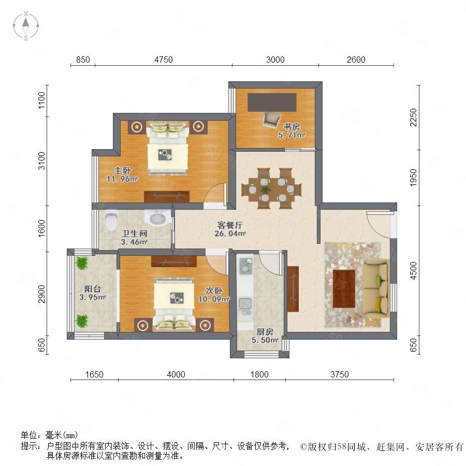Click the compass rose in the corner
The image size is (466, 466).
26,26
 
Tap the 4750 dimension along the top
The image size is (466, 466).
164,60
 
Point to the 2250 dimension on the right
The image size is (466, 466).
413,117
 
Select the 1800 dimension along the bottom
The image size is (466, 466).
259,374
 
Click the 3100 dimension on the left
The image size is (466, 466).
42,161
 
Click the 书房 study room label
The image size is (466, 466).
291,127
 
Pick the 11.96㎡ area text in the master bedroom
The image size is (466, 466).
122,179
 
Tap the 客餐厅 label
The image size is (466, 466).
230,225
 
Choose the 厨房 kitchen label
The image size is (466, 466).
265,332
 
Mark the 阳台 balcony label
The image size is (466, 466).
93,288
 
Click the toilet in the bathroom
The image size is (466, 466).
111,220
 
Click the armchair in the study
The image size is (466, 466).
272,120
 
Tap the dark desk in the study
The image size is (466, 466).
272,102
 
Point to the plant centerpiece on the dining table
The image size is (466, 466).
266,190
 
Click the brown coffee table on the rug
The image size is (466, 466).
344,288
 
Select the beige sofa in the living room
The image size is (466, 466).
376,288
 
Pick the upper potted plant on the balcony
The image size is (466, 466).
81,263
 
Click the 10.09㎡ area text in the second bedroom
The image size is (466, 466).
214,299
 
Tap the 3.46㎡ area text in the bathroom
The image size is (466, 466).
134,242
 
